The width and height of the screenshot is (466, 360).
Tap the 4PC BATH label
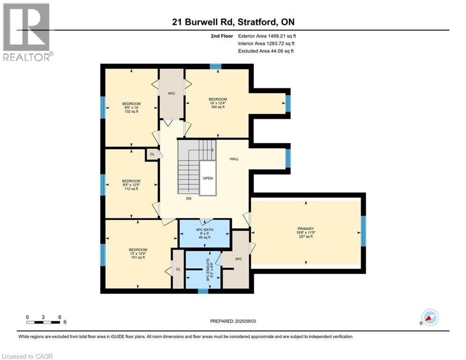(205, 233)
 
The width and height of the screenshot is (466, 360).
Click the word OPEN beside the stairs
(207, 178)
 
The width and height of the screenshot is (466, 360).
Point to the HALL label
(234, 159)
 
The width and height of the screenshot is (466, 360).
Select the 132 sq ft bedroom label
(131, 107)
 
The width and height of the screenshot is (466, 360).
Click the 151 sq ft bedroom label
(138, 253)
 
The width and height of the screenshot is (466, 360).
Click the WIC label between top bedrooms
(171, 93)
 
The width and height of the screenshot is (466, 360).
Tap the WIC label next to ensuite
(238, 258)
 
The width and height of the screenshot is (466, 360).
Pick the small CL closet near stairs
(152, 154)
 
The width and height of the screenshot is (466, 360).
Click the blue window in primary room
(363, 231)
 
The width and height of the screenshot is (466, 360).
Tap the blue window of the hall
(288, 158)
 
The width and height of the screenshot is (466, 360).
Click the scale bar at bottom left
(43, 322)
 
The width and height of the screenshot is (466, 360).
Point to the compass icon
(430, 318)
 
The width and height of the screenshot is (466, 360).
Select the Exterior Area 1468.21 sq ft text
(267, 36)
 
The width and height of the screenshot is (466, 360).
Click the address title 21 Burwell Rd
(233, 22)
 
